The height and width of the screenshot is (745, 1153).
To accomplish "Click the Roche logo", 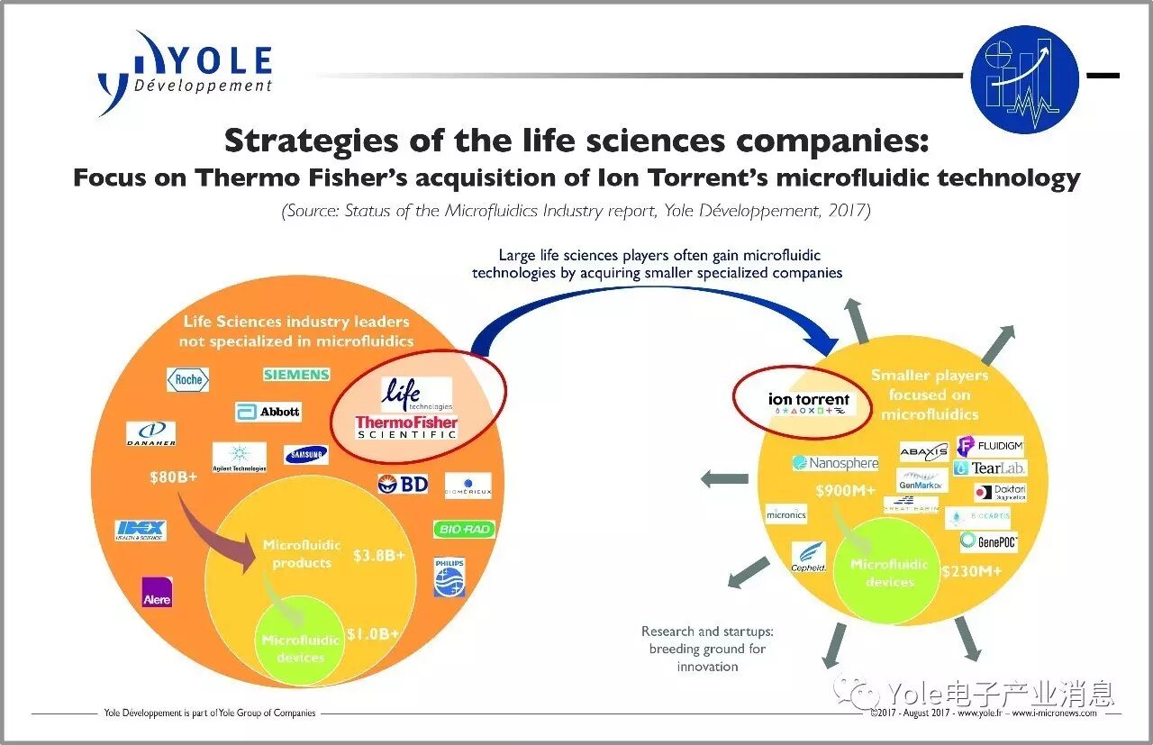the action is coord(188,379).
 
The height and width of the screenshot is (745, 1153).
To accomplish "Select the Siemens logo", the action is coord(296,374).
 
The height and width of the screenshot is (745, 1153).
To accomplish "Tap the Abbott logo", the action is coord(268,412).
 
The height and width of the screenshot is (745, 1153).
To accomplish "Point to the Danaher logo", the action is coord(150,433).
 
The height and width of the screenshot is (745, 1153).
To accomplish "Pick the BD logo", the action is coord(403,484).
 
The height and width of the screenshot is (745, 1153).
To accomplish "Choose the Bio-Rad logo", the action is coord(464,529).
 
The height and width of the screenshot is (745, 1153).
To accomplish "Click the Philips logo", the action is coord(449,577).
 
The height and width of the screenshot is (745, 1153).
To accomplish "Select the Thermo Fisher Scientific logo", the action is coord(406,427).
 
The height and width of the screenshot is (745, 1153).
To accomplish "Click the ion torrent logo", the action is coord(809,402).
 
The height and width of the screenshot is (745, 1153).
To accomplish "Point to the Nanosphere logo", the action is coord(835,463).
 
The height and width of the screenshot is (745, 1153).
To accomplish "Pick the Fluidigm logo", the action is coord(989,445).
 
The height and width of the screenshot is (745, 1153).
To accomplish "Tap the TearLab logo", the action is coord(989,468).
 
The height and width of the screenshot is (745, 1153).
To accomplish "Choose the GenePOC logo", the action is coord(988,541).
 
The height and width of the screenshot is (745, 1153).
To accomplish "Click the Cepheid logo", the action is coord(808,557).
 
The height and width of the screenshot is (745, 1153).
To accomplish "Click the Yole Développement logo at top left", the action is coord(185,72).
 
